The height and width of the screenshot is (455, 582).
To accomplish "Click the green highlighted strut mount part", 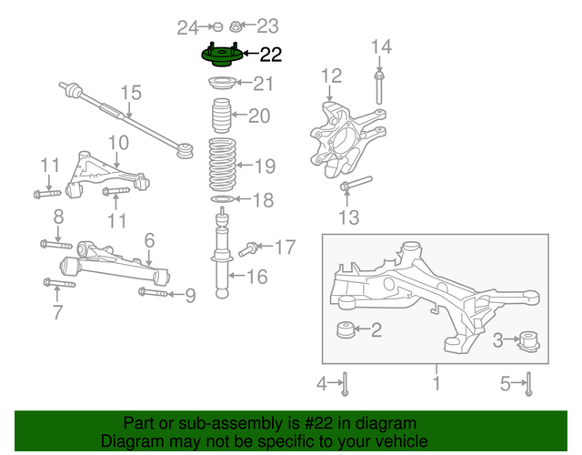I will click(x=221, y=57).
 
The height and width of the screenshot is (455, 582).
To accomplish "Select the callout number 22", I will click(x=271, y=55).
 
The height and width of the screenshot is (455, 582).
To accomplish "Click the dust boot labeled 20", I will click(x=220, y=116).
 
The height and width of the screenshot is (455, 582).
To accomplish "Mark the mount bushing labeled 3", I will click(x=529, y=341).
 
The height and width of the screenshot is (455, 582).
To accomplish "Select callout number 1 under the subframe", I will click(x=436, y=384).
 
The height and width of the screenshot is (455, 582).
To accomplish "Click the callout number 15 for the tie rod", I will click(x=132, y=93).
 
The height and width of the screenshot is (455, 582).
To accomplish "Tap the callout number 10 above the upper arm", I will click(x=118, y=143).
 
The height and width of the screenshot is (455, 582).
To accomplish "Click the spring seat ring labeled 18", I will click(x=222, y=199).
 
